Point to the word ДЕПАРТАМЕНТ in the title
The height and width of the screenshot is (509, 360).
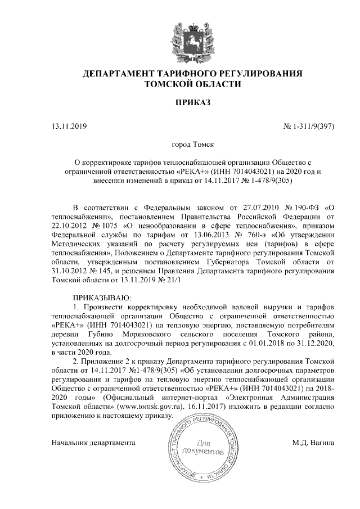tap(118, 74)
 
